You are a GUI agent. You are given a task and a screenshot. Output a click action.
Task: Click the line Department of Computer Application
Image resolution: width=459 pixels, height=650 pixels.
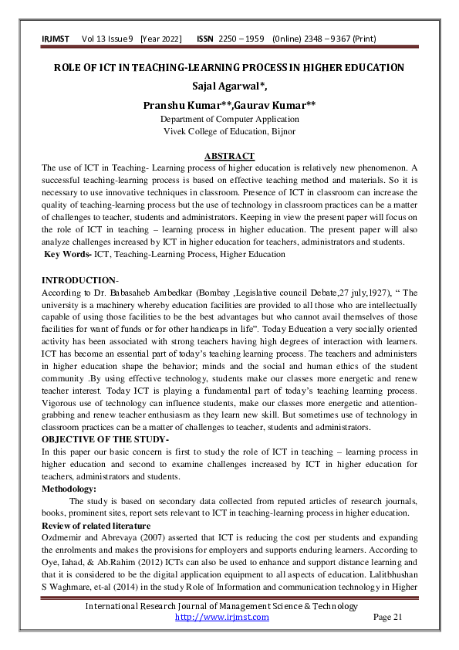click(x=229, y=119)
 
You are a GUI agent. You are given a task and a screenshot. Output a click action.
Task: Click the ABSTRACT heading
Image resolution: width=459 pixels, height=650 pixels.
click(x=229, y=155)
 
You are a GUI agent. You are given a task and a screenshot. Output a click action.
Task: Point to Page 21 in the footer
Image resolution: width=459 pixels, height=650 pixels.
click(x=387, y=617)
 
